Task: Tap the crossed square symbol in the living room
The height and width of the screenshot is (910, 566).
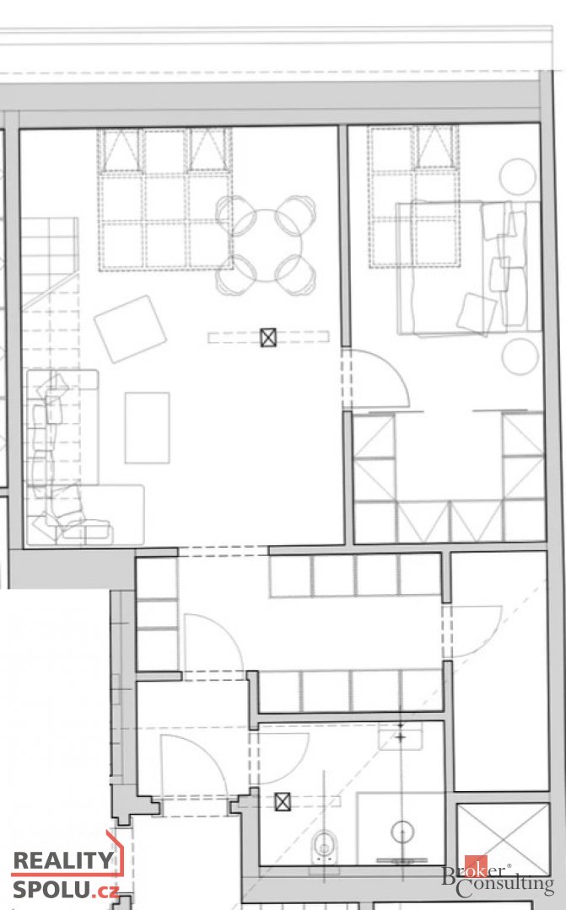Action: (x=268, y=337)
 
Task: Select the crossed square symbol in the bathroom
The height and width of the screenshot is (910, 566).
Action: (x=283, y=802)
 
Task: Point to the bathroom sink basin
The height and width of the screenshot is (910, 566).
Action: (x=401, y=736)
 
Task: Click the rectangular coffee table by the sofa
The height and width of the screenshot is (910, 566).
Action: (x=147, y=428)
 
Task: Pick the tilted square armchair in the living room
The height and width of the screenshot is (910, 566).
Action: (x=130, y=329)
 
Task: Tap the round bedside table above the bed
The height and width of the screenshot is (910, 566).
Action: (x=518, y=176)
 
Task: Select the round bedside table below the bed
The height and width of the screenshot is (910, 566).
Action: (x=520, y=356)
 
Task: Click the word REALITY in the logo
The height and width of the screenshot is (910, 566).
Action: (x=62, y=860)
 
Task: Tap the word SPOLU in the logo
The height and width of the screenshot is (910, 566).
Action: (x=51, y=889)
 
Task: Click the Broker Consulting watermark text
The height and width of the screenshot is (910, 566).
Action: (x=498, y=879)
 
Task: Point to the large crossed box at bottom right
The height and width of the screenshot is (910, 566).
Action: (x=504, y=838)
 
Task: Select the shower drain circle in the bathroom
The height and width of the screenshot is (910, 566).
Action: (x=401, y=832)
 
